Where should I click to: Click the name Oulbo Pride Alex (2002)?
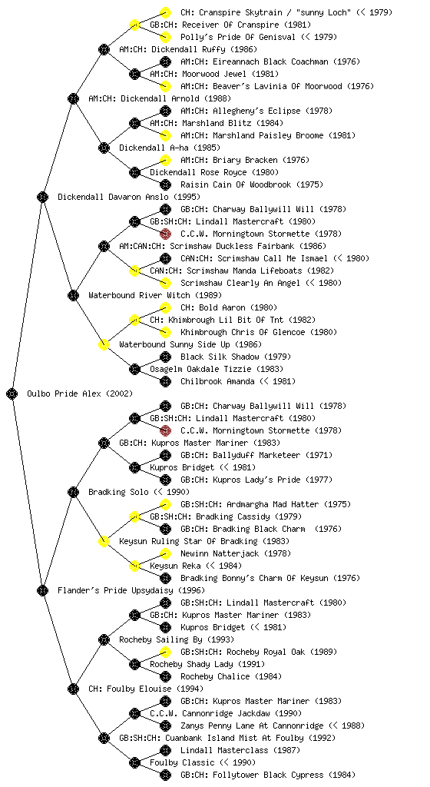[x=80, y=393]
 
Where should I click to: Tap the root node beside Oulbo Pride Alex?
[x=12, y=393]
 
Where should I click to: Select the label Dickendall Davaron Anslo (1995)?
[x=129, y=197]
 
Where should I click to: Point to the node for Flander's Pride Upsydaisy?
[x=42, y=590]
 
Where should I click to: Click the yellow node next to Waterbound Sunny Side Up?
[x=104, y=344]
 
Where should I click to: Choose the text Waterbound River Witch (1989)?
[x=155, y=295]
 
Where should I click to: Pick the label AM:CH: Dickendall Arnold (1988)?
[x=160, y=98]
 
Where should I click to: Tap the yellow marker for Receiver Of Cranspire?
[x=134, y=25]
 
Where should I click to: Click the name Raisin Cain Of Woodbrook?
[x=236, y=184]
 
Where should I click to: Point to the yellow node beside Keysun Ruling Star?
[x=104, y=541]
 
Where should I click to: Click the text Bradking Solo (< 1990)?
[x=139, y=492]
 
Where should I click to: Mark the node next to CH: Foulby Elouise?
[x=73, y=689]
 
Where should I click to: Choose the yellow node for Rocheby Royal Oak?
[x=165, y=652]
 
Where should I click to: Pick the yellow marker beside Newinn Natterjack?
[x=165, y=553]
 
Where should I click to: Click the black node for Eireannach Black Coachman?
[x=165, y=61]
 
